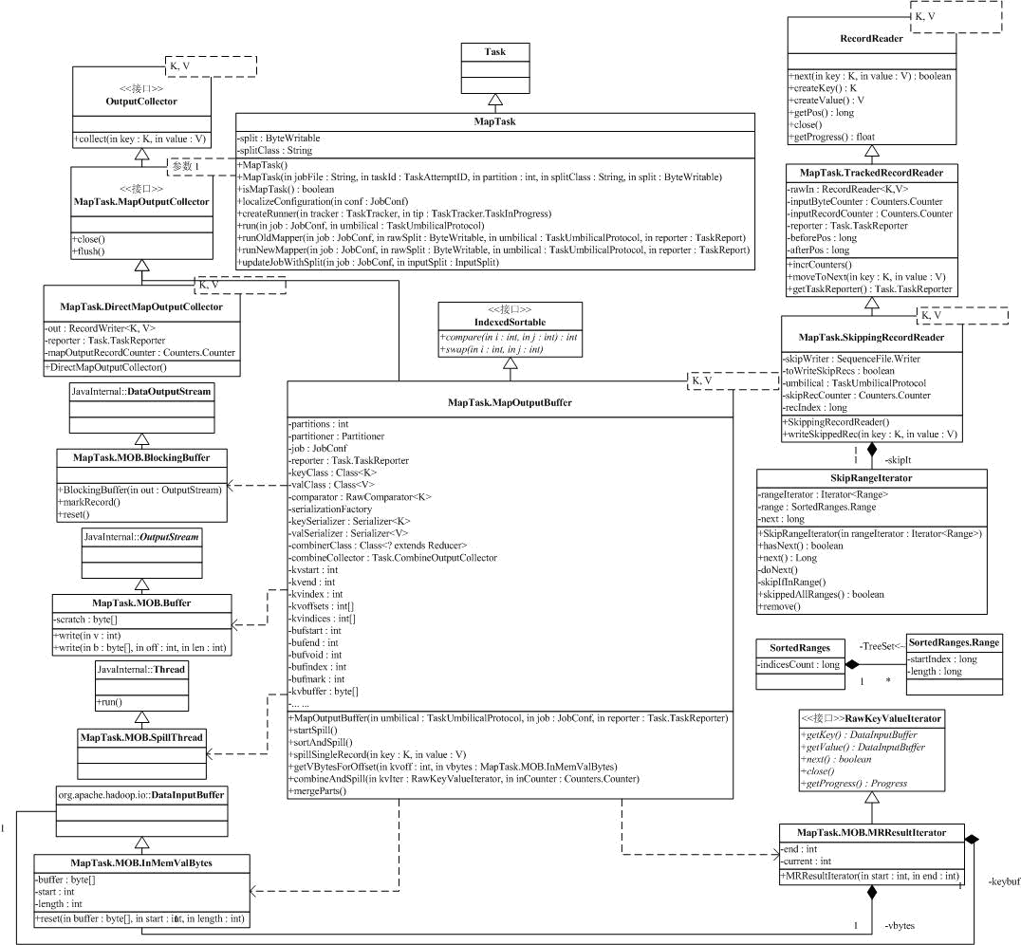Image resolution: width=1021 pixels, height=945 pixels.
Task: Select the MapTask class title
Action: coord(494,122)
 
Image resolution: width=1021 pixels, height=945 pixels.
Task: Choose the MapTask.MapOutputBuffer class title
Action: coord(509,402)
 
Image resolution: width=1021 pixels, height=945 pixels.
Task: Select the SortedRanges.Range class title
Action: coord(952,642)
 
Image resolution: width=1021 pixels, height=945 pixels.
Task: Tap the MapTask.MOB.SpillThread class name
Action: coord(141,736)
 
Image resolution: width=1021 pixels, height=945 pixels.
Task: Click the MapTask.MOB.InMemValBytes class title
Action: coord(141,862)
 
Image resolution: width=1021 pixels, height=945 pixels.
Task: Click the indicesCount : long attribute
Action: coord(799,665)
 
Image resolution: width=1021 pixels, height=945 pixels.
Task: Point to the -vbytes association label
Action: coord(900,924)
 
